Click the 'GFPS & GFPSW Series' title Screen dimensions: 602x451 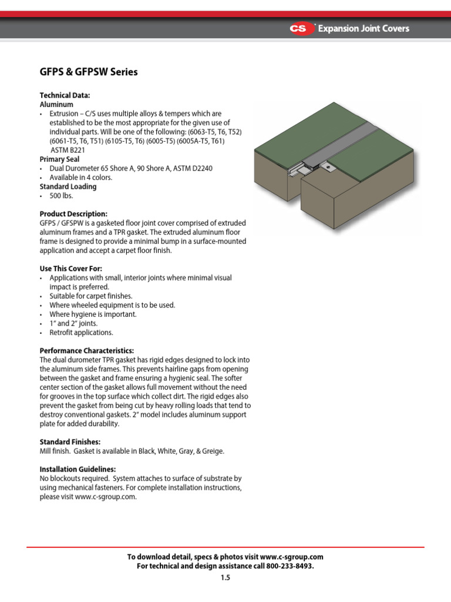pyautogui.click(x=88, y=72)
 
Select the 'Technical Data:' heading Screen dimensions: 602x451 pyautogui.click(x=65, y=95)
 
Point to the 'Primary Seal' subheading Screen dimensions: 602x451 pyautogui.click(x=59, y=159)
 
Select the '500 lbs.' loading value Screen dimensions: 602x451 pyautogui.click(x=60, y=196)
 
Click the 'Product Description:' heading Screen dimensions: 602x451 pyautogui.click(x=73, y=213)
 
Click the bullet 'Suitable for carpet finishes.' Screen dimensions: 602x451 pyautogui.click(x=91, y=296)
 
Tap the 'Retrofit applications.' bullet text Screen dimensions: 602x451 pyautogui.click(x=81, y=333)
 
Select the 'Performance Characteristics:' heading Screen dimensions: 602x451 pyautogui.click(x=86, y=350)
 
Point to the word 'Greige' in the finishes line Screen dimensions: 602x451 pyautogui.click(x=212, y=451)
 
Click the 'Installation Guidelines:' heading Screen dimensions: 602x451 pyautogui.click(x=78, y=469)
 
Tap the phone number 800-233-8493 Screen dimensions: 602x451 pyautogui.click(x=289, y=566)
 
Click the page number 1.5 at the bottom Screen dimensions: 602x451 pyautogui.click(x=225, y=578)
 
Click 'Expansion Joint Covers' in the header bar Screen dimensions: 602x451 pyautogui.click(x=364, y=28)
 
